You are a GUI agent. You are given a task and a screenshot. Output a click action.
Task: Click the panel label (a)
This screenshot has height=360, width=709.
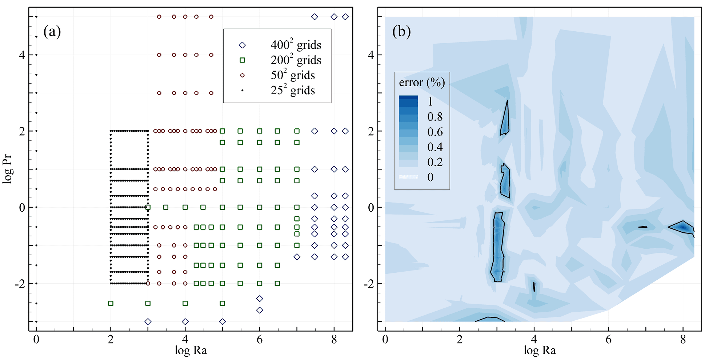pos(52,32)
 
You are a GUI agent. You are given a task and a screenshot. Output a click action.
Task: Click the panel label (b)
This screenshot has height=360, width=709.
pos(401,32)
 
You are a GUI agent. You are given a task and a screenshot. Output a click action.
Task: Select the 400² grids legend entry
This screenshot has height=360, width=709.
pos(296,45)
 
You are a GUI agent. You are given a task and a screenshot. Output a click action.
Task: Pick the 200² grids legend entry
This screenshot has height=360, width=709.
pos(296,60)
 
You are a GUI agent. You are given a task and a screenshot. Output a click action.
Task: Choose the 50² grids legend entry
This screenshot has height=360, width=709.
pos(292,75)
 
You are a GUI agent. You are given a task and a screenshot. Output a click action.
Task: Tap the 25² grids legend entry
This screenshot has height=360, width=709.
pos(292,90)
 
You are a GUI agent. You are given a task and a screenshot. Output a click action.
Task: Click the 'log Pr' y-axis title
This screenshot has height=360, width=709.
pos(8,169)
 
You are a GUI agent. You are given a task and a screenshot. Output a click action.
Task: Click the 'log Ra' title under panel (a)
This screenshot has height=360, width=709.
pos(191,351)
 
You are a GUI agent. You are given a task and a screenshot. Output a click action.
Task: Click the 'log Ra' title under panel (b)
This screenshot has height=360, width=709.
pos(540,351)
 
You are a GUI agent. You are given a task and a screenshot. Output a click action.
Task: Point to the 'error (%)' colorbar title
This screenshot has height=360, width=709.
pos(422,83)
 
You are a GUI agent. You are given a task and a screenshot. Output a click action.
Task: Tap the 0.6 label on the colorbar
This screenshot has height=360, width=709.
pos(435,132)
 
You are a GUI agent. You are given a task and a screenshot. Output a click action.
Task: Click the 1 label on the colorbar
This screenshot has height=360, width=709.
pos(430,101)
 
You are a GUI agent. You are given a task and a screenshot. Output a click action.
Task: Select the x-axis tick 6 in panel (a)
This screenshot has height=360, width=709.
pos(260,340)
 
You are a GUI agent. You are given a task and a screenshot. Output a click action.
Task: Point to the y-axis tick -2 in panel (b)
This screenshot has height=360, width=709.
pos(369,283)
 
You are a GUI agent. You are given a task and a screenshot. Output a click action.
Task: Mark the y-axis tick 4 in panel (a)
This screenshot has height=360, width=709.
pos(22,55)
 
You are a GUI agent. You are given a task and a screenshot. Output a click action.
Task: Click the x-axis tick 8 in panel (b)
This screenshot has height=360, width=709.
pos(683,340)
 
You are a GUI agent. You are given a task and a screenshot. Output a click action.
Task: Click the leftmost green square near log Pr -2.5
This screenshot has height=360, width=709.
pos(111,303)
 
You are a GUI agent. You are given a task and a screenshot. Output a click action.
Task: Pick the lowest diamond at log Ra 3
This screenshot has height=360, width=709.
pos(148,321)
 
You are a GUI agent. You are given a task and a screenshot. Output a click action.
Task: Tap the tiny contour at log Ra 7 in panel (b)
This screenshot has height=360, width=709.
pos(643,227)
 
